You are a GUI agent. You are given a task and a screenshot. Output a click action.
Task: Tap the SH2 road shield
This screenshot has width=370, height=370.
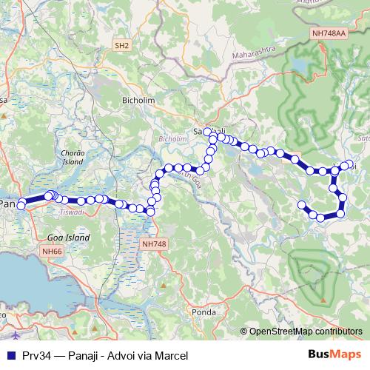[122, 45]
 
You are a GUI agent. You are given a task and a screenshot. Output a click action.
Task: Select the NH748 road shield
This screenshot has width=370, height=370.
[152, 243]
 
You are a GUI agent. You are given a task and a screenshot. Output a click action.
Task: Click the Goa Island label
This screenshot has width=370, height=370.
[67, 238]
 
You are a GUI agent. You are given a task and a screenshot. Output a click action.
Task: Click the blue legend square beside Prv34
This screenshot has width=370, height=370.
[9, 355]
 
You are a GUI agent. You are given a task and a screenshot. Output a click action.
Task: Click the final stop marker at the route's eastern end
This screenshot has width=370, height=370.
[301, 205]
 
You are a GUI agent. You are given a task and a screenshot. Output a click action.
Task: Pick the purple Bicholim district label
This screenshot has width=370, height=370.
[172, 138]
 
